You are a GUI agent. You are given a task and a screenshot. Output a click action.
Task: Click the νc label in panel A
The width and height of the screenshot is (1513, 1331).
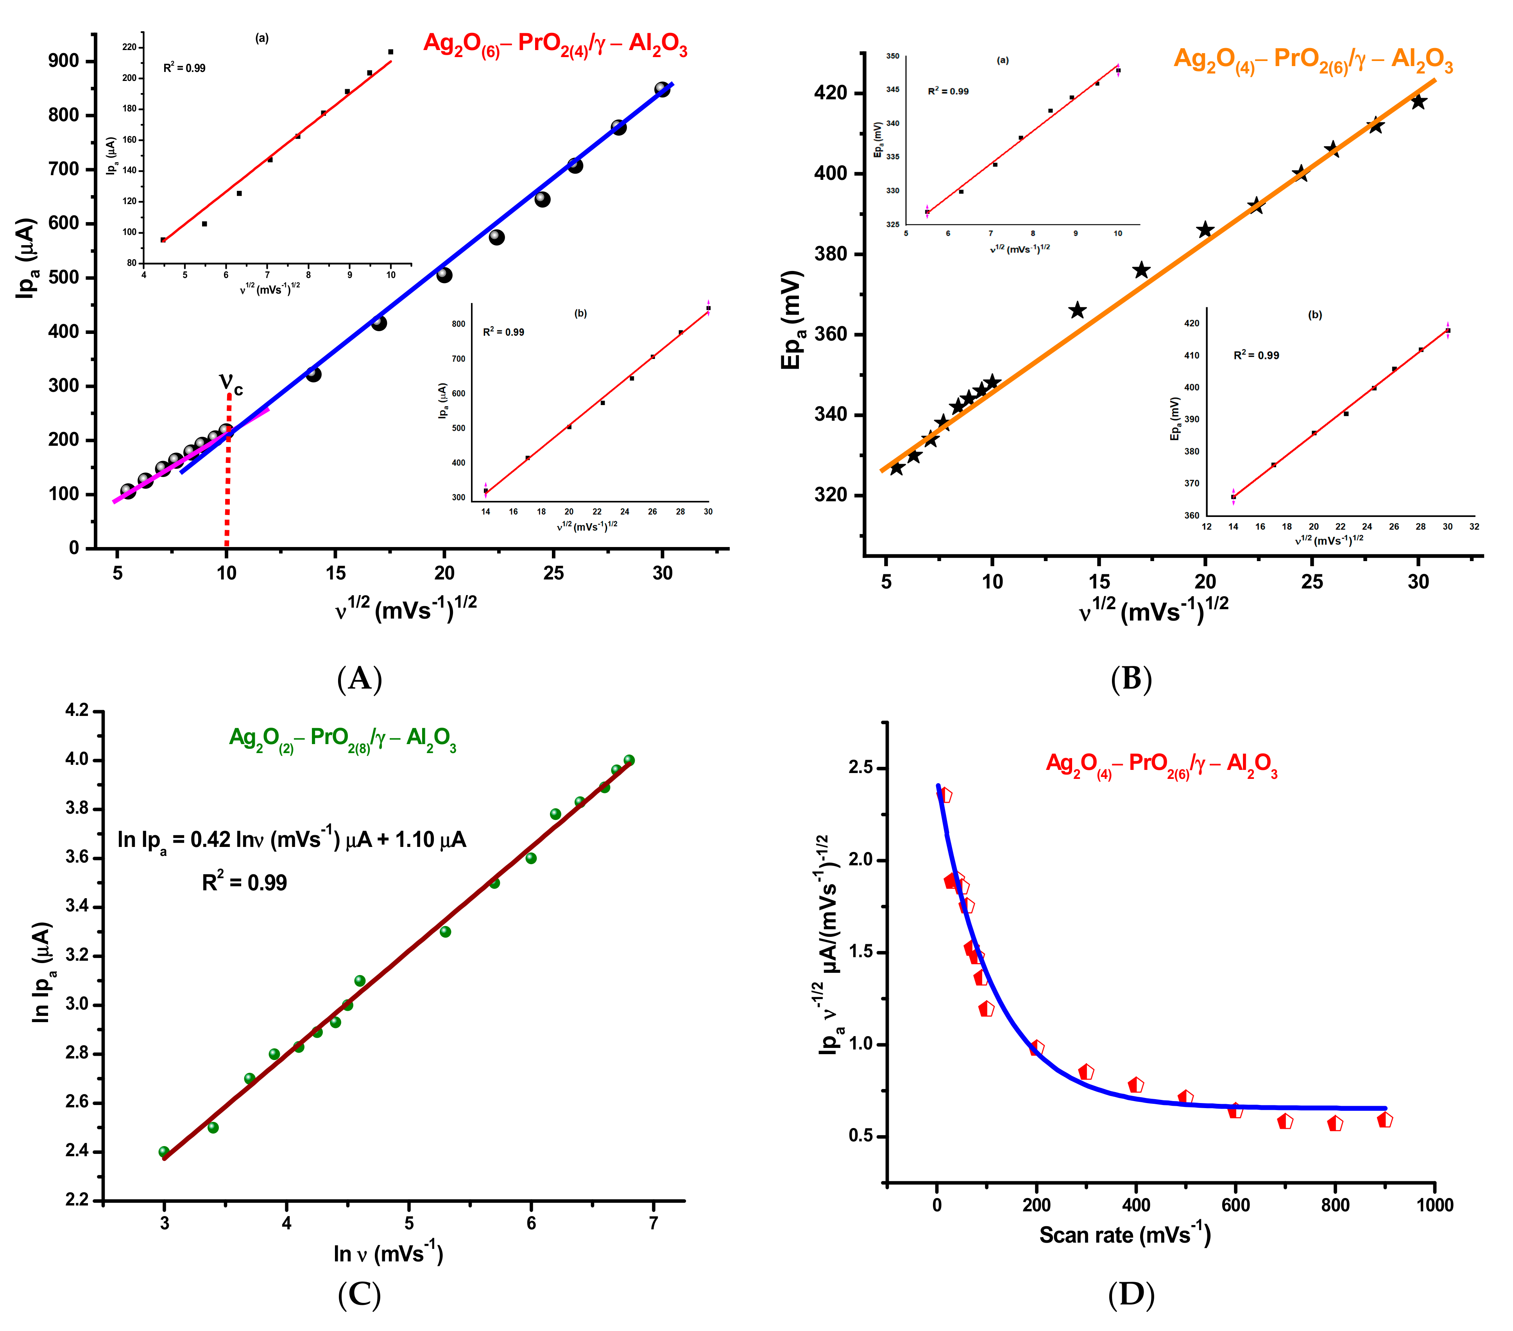[x=231, y=384]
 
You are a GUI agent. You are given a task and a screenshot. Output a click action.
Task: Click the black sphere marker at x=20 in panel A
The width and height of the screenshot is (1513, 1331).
[x=444, y=275]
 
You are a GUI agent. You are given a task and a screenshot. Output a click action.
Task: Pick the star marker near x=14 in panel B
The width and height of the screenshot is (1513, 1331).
[x=1077, y=310]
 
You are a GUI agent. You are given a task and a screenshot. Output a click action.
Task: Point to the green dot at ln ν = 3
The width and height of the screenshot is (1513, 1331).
[x=164, y=1152]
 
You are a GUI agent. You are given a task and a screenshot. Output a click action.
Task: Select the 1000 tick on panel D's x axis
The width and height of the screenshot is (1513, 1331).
[x=1434, y=1205]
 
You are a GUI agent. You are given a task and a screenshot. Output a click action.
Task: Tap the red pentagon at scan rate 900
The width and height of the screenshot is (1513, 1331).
[x=1384, y=1120]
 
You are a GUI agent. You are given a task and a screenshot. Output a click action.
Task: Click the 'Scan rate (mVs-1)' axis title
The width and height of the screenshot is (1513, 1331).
[x=1124, y=1235]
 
